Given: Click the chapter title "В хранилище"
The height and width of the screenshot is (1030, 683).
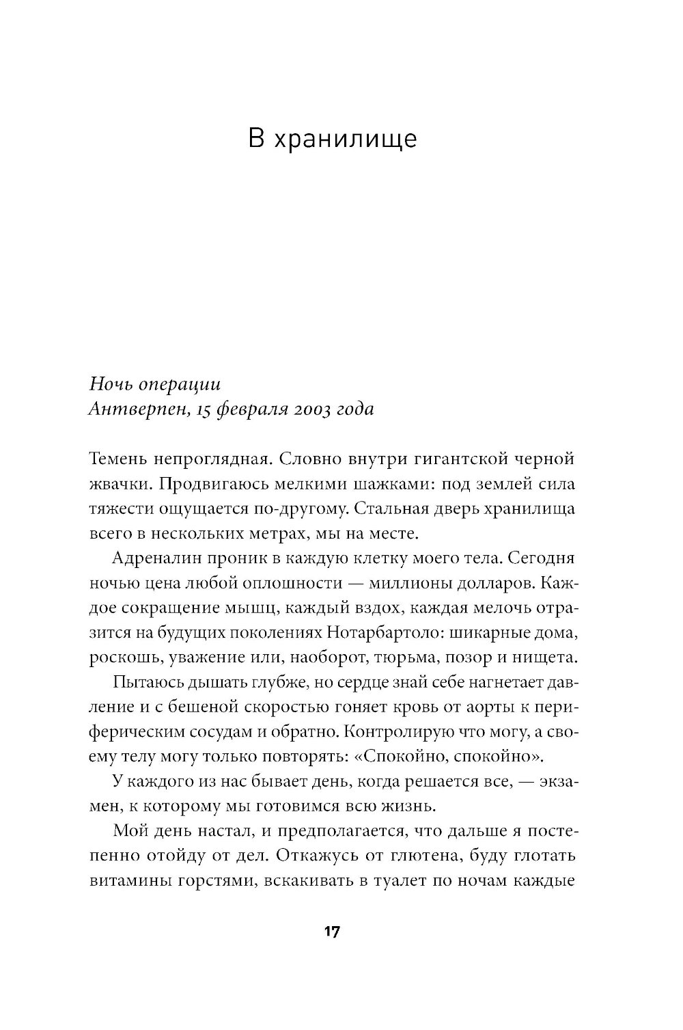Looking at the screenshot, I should point(332,139).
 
